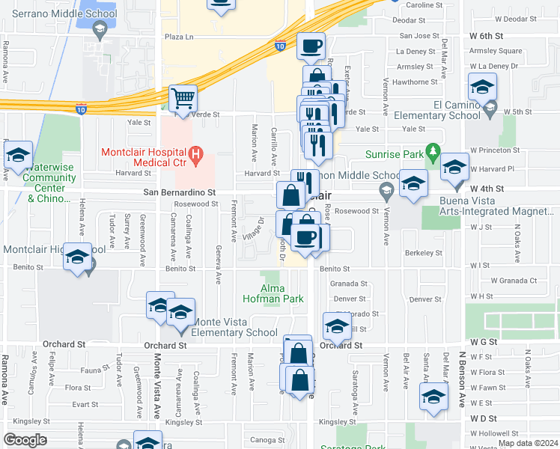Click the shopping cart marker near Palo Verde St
(x=183, y=97)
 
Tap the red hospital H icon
(x=196, y=156)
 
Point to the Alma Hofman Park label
(x=282, y=293)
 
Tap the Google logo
(x=25, y=440)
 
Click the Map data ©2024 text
(x=527, y=443)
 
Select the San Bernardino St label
(x=180, y=192)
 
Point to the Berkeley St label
(x=424, y=253)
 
